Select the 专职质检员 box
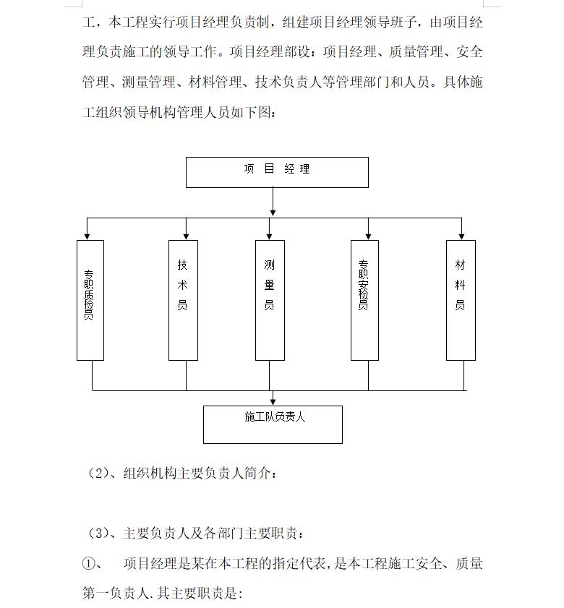click(90, 300)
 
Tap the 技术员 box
click(183, 300)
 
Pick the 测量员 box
click(269, 300)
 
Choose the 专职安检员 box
click(364, 300)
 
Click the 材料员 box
click(461, 300)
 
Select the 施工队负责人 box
click(273, 424)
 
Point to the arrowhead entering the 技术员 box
click(187, 236)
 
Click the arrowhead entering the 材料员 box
click(461, 236)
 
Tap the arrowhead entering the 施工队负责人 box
click(273, 402)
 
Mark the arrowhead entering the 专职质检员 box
click(87, 236)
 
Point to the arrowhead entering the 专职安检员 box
click(368, 236)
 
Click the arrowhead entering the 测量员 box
click(269, 236)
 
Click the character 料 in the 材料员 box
click(461, 285)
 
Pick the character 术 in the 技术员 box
click(183, 285)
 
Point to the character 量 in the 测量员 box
click(269, 285)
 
